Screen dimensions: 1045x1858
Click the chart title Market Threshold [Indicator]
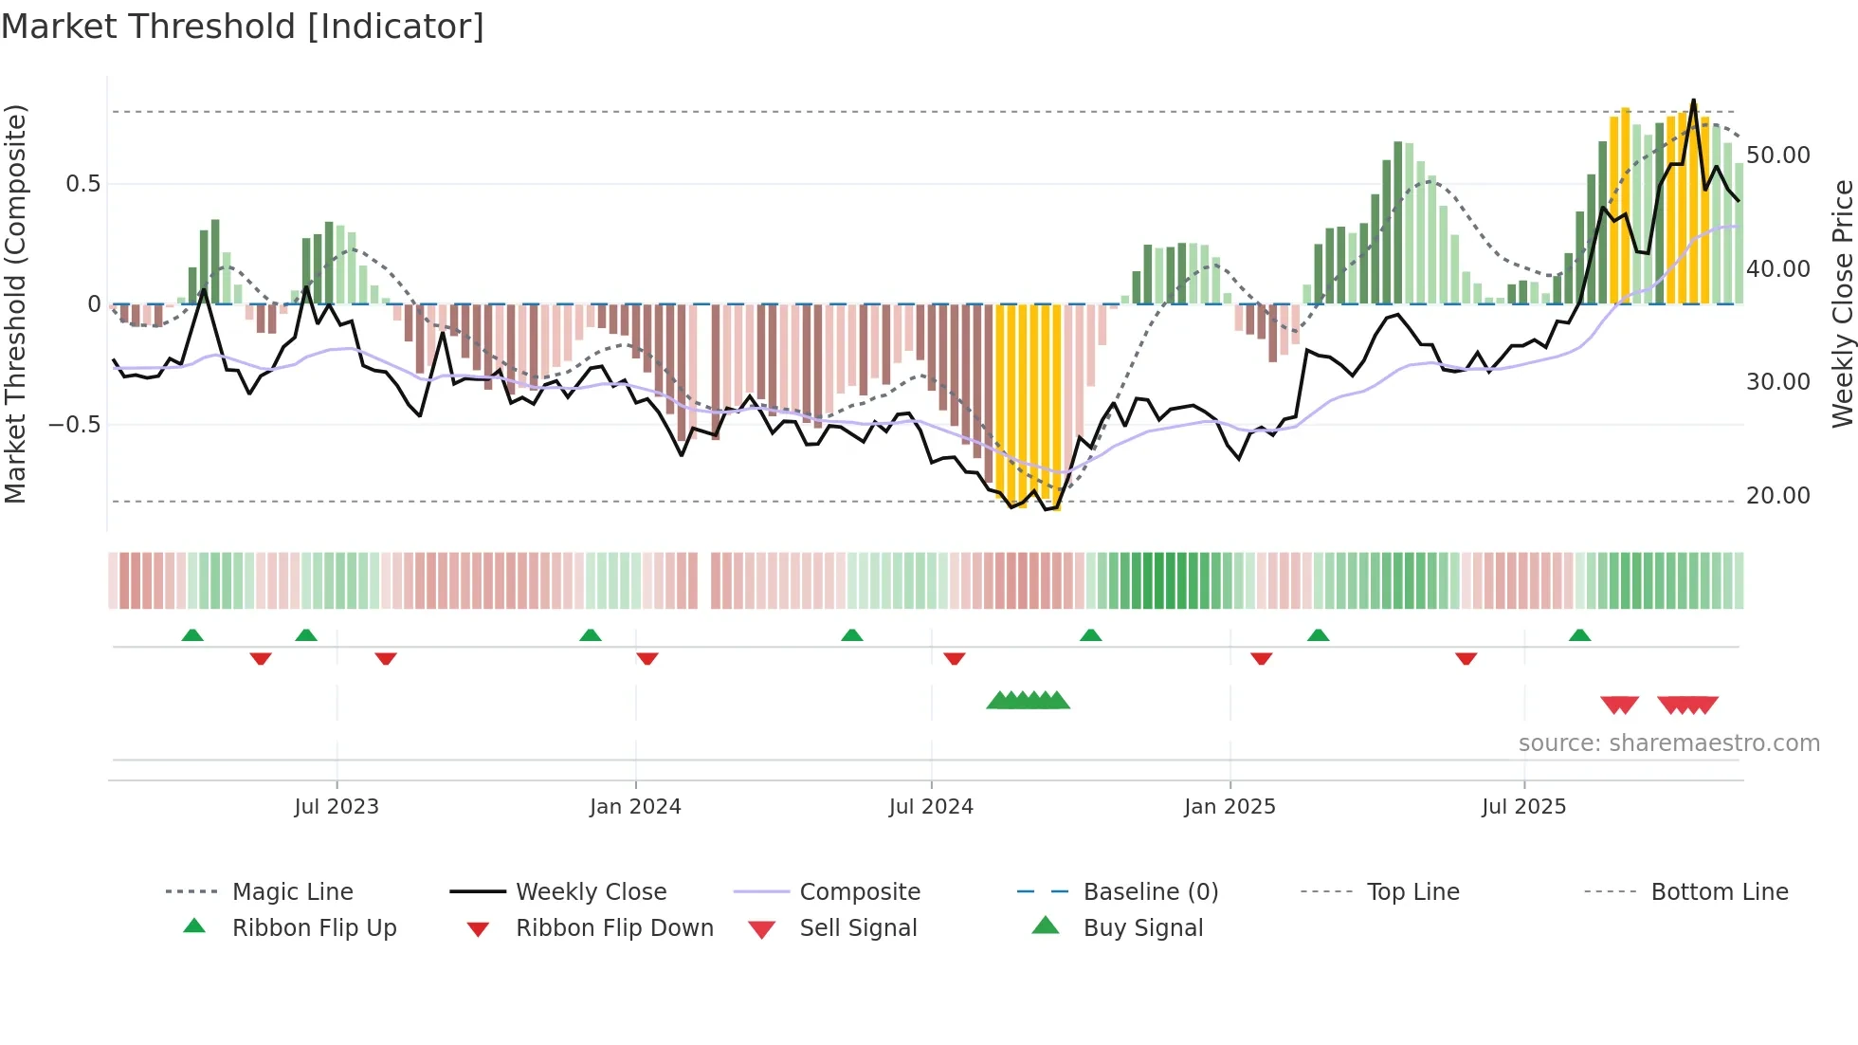click(x=243, y=27)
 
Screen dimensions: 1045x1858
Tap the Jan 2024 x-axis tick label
click(x=635, y=807)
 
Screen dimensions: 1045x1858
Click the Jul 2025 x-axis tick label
click(x=1523, y=807)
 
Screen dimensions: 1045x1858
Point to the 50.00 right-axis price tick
click(x=1777, y=156)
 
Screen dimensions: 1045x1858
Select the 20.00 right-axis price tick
click(x=1777, y=496)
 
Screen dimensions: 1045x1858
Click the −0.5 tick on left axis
click(x=75, y=425)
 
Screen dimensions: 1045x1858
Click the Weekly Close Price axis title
click(x=1842, y=303)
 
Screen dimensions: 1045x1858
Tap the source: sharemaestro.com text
click(x=1668, y=743)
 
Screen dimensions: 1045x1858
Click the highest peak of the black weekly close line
click(x=1693, y=101)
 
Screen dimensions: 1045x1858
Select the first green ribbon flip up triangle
click(x=192, y=634)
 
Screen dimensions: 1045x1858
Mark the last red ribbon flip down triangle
click(x=1466, y=658)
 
